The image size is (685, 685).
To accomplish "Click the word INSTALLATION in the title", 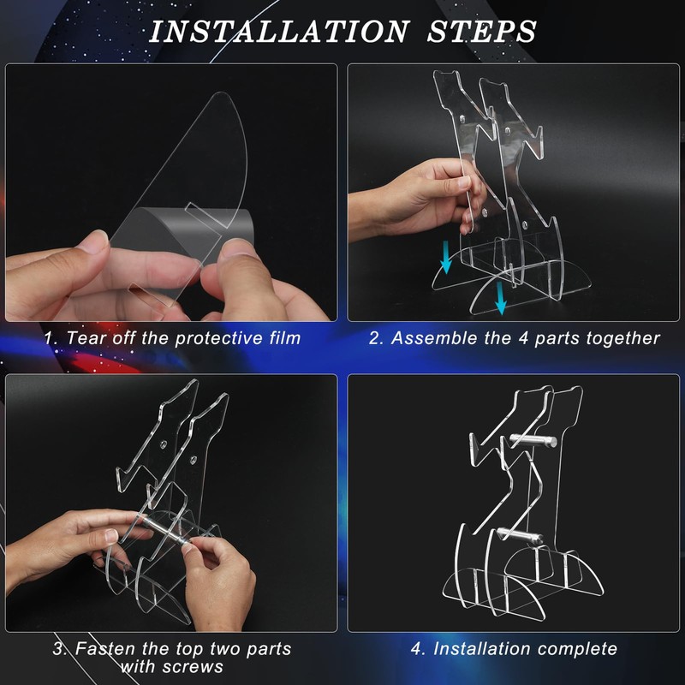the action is tap(280, 32).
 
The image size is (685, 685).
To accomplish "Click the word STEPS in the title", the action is tap(481, 32).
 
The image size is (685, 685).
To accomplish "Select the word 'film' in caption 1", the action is tap(285, 338).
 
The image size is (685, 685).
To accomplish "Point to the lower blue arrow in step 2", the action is tap(501, 298).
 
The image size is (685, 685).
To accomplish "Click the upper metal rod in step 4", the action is tap(533, 440).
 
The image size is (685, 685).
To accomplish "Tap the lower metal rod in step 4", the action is tap(520, 534).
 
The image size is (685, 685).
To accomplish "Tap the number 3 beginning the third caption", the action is tap(58, 649).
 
